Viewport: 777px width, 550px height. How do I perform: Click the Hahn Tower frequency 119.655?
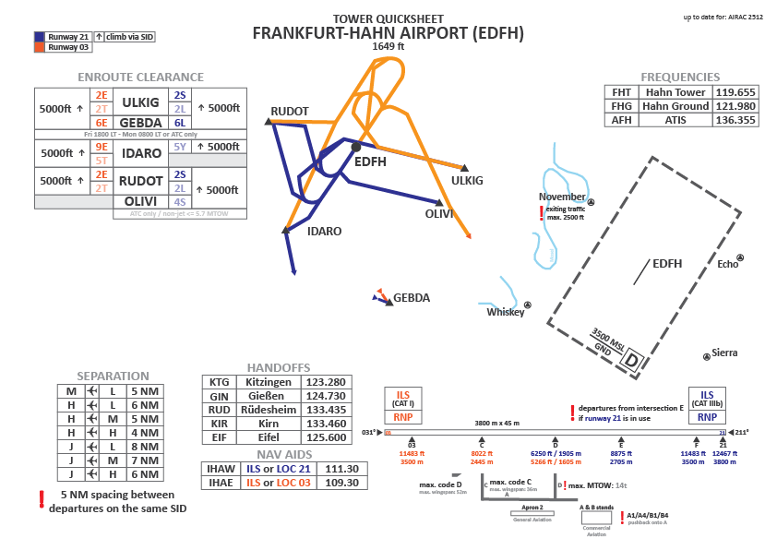coord(736,92)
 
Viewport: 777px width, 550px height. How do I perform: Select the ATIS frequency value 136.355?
coord(736,120)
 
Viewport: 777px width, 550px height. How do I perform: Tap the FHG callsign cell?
coord(621,106)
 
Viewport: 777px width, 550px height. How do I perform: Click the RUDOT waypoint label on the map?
coord(290,112)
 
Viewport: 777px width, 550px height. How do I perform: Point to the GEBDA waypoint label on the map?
coord(412,298)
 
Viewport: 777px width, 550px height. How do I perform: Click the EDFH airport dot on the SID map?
coord(355,147)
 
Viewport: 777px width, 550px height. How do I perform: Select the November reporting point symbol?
coord(592,202)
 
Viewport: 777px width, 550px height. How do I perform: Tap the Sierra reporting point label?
coord(724,353)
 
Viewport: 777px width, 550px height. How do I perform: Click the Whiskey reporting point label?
coord(505,312)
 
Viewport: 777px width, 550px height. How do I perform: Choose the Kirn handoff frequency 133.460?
coord(325,424)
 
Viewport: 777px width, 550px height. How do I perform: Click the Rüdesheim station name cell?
coord(268,410)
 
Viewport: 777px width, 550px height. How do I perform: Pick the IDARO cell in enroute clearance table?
coord(142,152)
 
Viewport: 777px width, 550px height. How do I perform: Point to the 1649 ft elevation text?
coord(388,46)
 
